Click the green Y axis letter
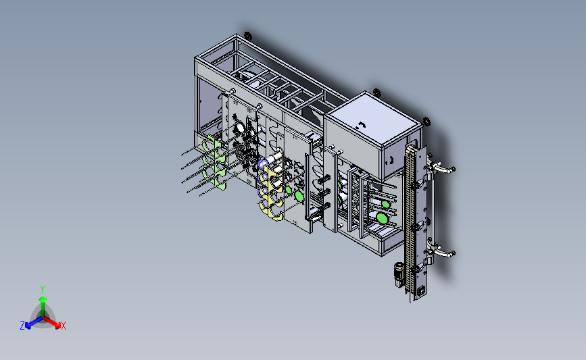(43, 290)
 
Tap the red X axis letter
(63, 326)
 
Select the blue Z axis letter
(22, 326)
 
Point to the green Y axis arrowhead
(43, 299)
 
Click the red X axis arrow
(51, 322)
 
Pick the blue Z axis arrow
(34, 323)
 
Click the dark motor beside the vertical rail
(399, 274)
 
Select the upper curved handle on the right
(442, 168)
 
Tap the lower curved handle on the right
(442, 252)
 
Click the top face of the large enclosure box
(372, 118)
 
